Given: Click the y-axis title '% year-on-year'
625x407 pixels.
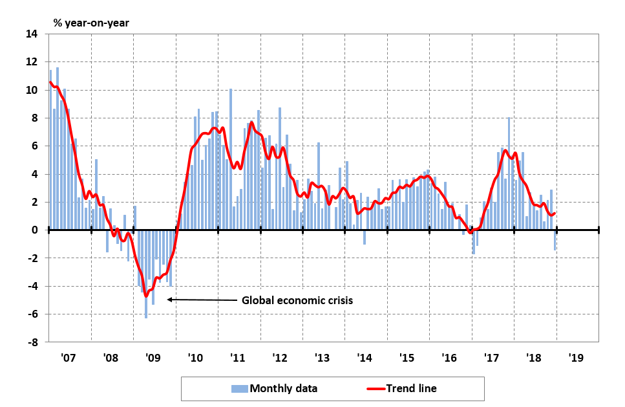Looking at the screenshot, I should click(91, 23).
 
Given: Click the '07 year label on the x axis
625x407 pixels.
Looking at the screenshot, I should click(69, 358).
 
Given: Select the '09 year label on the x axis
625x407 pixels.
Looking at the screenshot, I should click(154, 358).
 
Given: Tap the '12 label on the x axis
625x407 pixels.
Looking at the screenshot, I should click(280, 358).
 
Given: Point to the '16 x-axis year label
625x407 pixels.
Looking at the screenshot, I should click(449, 358).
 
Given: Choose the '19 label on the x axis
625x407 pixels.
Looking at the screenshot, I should click(576, 358).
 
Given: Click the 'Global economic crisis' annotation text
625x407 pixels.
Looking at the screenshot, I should click(298, 300).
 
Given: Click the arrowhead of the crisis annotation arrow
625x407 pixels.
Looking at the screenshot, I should click(170, 300).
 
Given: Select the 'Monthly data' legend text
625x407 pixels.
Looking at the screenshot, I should click(283, 388).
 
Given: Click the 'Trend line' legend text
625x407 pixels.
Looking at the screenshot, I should click(411, 388).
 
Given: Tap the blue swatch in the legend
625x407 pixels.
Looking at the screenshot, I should click(239, 388).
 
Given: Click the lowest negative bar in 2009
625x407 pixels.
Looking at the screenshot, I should click(146, 274).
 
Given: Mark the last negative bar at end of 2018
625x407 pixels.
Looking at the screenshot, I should click(555, 240).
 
